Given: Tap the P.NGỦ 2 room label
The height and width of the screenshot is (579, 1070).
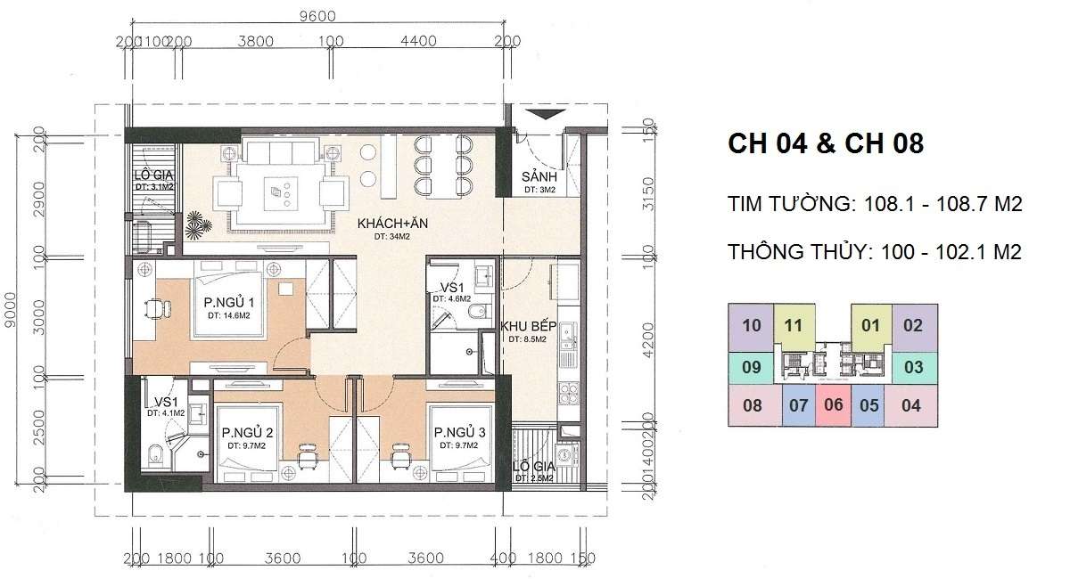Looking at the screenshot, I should [x=247, y=434].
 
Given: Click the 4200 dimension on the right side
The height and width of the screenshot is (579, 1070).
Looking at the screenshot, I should [x=647, y=336].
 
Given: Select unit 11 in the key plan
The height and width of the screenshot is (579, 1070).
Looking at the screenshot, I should [x=794, y=326].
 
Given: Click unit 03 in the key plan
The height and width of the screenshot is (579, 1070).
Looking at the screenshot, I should [x=912, y=366].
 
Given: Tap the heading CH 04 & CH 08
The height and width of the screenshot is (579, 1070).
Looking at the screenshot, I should [x=825, y=143].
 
